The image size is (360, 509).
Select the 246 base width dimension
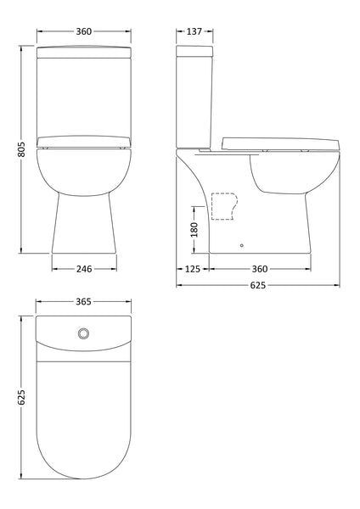click(82, 269)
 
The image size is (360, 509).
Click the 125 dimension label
click(193, 269)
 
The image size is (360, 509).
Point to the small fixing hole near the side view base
click(243, 245)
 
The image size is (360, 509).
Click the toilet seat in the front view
click(82, 141)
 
